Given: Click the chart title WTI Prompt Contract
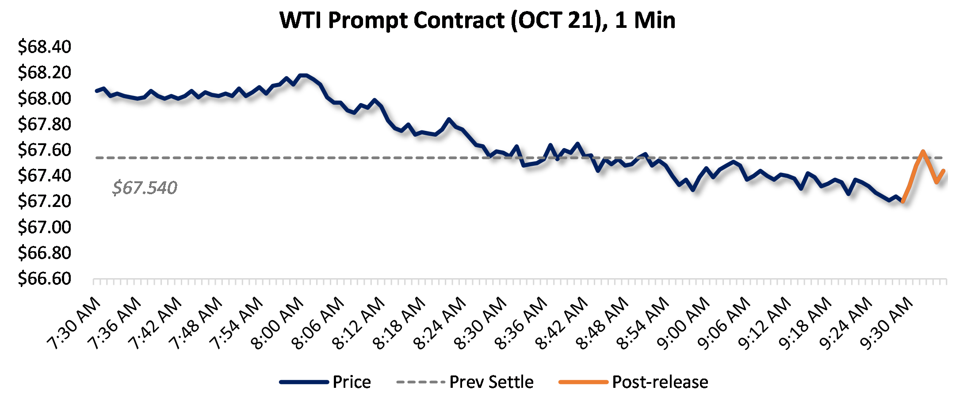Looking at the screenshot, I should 478,20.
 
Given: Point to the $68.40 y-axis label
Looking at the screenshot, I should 44,46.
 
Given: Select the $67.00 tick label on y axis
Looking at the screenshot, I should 44,227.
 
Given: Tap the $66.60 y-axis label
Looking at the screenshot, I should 44,279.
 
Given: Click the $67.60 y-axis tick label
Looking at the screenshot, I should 44,149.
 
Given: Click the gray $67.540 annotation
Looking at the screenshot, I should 145,188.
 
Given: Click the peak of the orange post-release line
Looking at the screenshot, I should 923,151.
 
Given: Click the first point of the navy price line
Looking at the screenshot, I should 96,91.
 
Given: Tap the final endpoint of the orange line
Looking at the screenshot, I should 944,171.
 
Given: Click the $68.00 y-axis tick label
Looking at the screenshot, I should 44,98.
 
